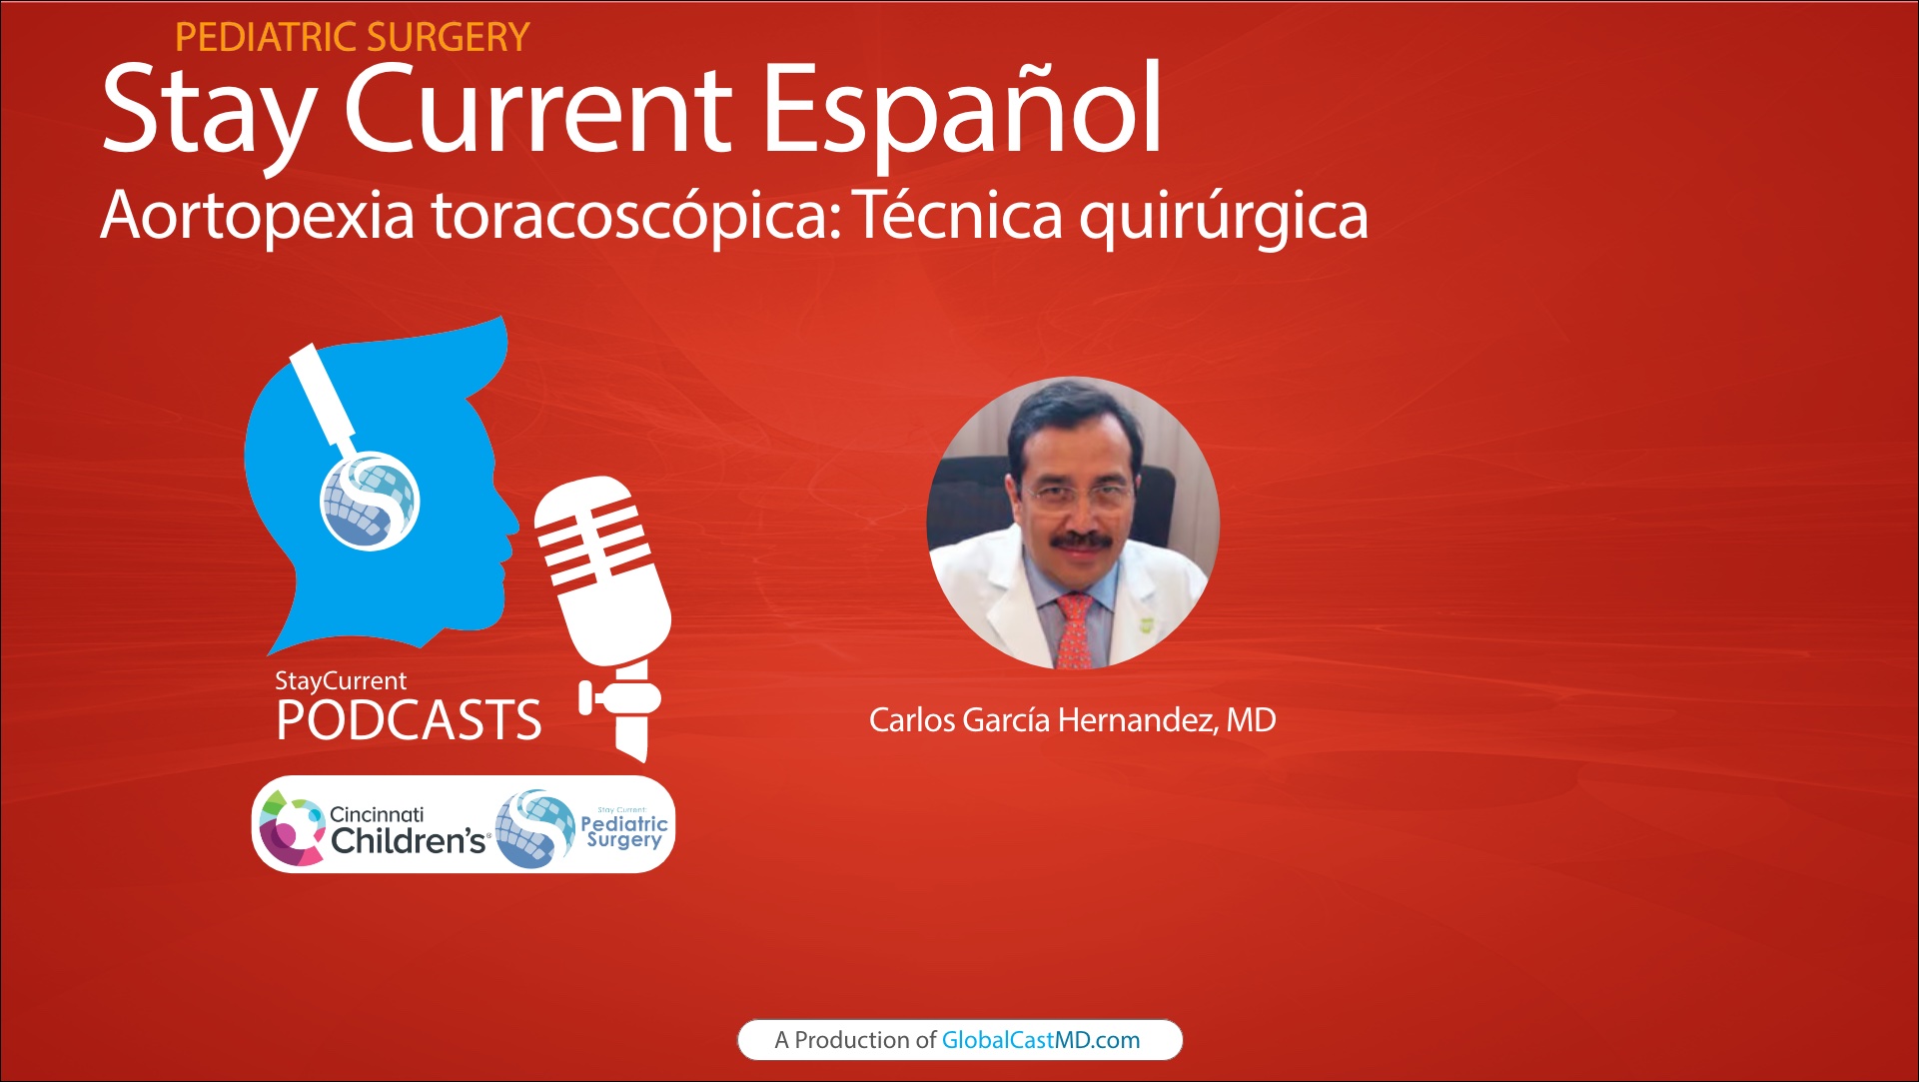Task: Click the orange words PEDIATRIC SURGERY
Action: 352,38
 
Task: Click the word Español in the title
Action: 962,110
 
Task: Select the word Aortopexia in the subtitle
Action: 257,216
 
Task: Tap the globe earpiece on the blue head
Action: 369,501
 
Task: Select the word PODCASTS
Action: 409,721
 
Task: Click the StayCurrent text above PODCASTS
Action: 341,681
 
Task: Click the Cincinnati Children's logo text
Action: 407,831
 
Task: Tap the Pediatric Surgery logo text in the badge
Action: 623,831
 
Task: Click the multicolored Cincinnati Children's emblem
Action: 290,827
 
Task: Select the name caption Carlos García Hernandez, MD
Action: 1072,720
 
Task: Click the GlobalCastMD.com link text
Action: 1040,1040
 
